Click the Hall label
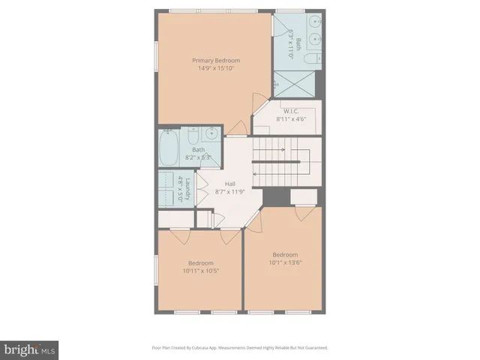[231, 184]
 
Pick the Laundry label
[187, 188]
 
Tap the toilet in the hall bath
[193, 136]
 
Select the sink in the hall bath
[211, 135]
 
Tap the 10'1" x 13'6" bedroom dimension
[285, 262]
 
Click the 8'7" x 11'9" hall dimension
[231, 191]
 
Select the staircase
[285, 162]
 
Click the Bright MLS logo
[29, 349]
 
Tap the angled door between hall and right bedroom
[254, 219]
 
